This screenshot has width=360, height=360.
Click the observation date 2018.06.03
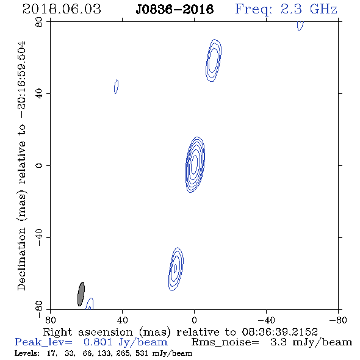point(62,9)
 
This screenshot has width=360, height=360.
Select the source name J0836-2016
point(175,10)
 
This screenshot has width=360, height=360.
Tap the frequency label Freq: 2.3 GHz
point(286,9)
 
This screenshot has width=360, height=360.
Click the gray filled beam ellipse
point(81,294)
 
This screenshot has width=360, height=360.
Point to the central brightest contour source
point(195,164)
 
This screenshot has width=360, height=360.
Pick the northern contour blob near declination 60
point(214,60)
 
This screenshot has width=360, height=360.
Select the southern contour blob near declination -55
point(176,269)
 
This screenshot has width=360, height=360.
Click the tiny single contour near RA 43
point(117,87)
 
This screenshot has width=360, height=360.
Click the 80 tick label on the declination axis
point(39,22)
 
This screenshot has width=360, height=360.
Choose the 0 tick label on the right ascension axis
point(194,320)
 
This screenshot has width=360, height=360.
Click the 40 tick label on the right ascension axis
point(122,320)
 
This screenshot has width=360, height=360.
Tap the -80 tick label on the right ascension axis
point(337,320)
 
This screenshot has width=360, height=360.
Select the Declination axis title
point(21,165)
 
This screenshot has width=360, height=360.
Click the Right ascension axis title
point(181,332)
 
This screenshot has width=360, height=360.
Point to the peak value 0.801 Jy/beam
point(126,342)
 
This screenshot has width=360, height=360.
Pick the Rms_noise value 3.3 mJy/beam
point(311,342)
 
